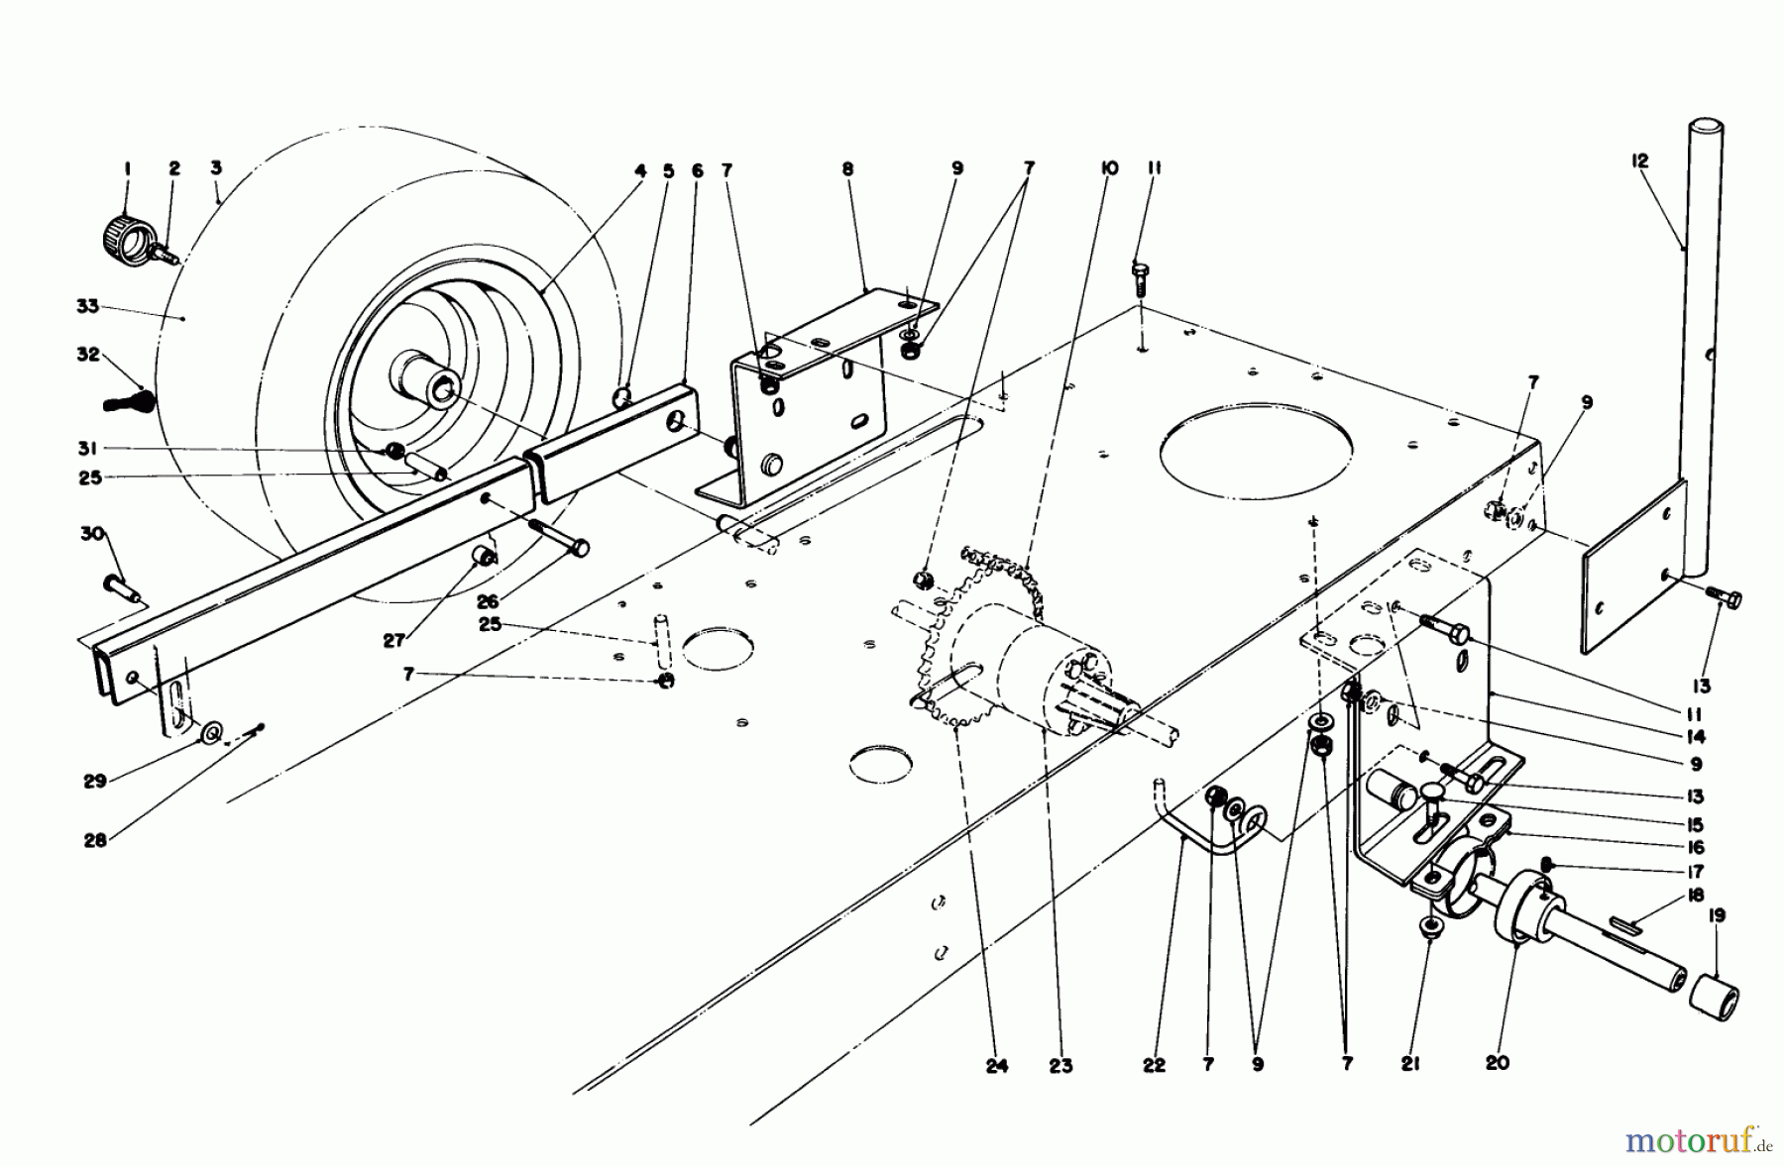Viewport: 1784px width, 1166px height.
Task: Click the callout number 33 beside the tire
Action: [x=87, y=307]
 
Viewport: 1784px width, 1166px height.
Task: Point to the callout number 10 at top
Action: [x=1108, y=169]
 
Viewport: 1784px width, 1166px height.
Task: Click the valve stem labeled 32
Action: [x=132, y=403]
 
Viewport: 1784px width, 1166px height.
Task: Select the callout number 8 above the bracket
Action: [x=847, y=169]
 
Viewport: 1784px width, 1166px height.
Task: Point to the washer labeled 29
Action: [x=211, y=733]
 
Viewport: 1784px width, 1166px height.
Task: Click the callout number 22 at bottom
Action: [x=1154, y=1065]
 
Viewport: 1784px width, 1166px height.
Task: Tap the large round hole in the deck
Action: [x=1256, y=456]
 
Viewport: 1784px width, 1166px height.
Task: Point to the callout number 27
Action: [x=394, y=641]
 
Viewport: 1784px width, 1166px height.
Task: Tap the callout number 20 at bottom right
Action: [x=1497, y=1063]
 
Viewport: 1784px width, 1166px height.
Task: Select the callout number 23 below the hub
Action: [x=1060, y=1065]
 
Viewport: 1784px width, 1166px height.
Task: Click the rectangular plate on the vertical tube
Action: [x=1635, y=565]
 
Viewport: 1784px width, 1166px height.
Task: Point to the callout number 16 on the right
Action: [x=1695, y=848]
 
